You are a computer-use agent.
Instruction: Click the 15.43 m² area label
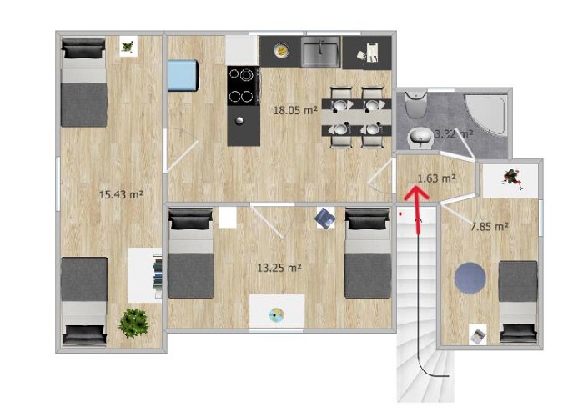pos(121,194)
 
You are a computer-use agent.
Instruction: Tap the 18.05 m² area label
pos(296,108)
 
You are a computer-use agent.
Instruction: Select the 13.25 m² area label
pos(279,268)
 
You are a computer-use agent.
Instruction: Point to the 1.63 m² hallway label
pos(435,178)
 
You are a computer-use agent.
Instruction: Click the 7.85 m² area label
pos(490,225)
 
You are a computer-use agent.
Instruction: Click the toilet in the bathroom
pos(415,106)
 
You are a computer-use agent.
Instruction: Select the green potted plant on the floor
pos(133,321)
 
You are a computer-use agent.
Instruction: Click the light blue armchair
pos(183,76)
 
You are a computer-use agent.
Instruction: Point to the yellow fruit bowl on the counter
pos(282,51)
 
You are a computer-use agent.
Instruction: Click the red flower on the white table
pos(509,176)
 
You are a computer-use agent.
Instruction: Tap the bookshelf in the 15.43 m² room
pos(155,276)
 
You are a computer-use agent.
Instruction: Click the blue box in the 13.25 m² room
pos(325,219)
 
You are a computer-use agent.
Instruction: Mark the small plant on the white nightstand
pos(128,47)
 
